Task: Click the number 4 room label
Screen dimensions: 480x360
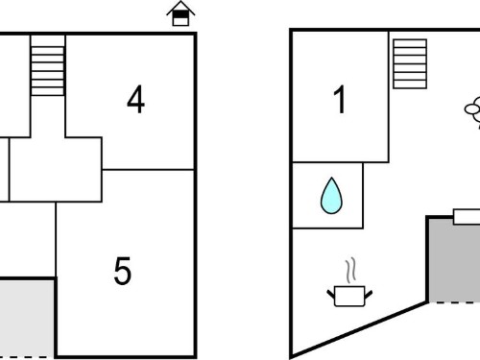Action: point(135,100)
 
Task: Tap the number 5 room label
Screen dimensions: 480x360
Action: point(123,271)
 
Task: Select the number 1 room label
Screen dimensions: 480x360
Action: point(340,100)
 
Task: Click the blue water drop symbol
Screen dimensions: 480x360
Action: point(331,195)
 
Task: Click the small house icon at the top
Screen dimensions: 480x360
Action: point(180,13)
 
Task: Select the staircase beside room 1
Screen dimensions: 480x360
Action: point(410,63)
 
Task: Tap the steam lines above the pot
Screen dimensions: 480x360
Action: point(350,271)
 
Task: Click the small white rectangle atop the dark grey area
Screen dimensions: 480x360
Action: point(467,216)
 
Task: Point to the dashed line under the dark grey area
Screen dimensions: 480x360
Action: point(454,302)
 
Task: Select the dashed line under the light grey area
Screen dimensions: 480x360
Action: point(27,357)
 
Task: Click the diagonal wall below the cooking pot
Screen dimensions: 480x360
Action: point(358,330)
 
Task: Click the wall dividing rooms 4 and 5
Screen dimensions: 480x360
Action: point(148,169)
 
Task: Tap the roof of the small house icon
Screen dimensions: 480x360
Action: point(180,8)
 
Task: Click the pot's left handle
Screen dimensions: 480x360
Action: point(331,294)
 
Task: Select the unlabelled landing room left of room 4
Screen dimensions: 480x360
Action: point(56,170)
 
